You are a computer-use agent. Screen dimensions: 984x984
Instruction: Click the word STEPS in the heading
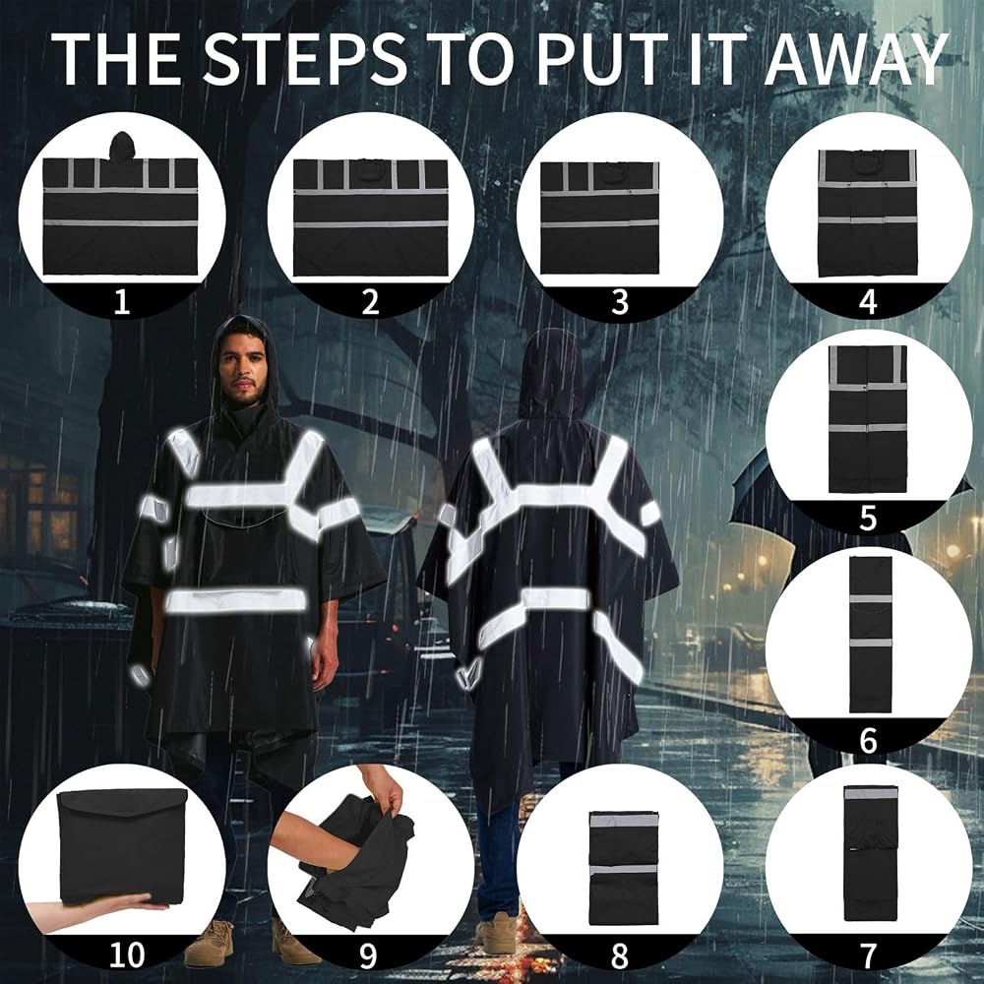(x=305, y=57)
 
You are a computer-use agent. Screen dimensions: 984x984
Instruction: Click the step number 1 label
(x=122, y=301)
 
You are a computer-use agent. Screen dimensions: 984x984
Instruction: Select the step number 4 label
(x=868, y=301)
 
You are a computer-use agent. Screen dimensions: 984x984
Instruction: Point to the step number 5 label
(x=868, y=519)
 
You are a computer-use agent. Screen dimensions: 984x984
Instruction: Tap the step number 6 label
(x=868, y=741)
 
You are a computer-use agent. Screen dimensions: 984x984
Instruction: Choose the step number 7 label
(x=868, y=955)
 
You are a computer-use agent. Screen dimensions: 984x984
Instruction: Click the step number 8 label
(x=619, y=955)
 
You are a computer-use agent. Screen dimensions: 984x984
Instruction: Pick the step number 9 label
(x=368, y=955)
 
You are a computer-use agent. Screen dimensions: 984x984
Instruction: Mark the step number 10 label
(x=127, y=955)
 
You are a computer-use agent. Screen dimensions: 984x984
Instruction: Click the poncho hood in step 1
(x=122, y=147)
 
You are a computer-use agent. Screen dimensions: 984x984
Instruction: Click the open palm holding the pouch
(x=100, y=913)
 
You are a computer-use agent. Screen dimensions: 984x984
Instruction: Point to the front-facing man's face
(x=242, y=372)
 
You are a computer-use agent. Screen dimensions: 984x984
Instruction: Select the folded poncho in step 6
(x=871, y=635)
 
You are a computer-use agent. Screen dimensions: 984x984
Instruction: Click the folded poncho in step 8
(x=625, y=867)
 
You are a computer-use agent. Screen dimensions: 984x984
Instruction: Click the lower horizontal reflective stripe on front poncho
(x=236, y=600)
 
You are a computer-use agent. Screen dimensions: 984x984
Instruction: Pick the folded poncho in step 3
(x=599, y=217)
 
